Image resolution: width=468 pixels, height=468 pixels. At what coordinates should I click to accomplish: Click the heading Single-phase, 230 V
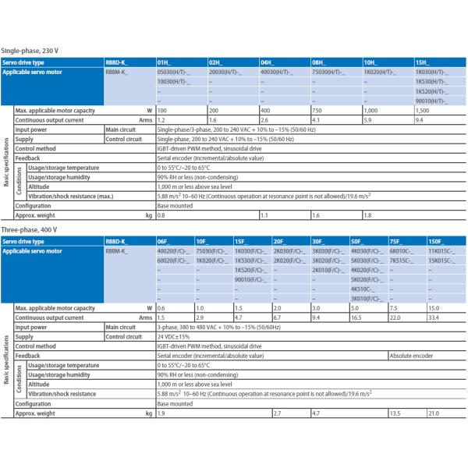tap(30, 51)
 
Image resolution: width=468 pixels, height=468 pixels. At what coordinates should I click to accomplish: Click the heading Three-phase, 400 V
tap(30, 230)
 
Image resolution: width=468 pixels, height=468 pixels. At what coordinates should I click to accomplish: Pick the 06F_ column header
tap(163, 242)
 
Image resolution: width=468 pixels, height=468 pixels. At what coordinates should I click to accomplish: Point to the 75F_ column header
tap(396, 242)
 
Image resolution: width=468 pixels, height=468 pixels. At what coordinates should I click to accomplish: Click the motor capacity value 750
tap(318, 112)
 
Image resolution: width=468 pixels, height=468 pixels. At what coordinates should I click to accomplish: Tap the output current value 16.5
tap(356, 318)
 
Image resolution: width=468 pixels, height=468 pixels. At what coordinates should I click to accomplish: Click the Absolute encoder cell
tap(412, 356)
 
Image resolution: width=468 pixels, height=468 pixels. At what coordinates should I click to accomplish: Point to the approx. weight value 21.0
tap(434, 413)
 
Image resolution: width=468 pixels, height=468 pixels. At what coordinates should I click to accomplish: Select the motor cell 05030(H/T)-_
tap(172, 71)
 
